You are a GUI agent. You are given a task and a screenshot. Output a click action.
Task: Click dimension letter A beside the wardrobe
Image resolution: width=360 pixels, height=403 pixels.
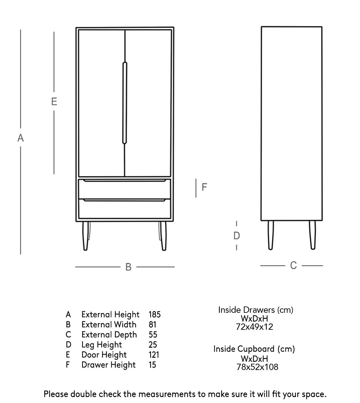tap(20, 138)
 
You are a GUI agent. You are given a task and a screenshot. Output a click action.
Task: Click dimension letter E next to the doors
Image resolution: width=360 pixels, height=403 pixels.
tap(54, 102)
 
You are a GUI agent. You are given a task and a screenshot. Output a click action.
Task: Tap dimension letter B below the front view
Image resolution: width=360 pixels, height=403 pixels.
tap(128, 267)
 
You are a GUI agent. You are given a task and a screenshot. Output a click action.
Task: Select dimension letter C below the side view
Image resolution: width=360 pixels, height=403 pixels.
tap(293, 266)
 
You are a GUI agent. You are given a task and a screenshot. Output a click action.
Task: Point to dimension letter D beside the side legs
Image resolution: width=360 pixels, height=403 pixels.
tap(237, 236)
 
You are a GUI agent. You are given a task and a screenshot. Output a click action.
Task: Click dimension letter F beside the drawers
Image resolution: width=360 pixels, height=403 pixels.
tap(204, 187)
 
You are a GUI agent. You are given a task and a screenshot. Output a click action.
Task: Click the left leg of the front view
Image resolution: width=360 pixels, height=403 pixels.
tap(85, 236)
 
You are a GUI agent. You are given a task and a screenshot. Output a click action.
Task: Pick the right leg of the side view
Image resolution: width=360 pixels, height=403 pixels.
tap(312, 235)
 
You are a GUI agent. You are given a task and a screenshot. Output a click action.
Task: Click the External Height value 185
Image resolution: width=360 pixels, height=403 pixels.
tap(155, 314)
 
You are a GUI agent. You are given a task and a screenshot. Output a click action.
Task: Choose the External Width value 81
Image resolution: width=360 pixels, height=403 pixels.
tap(152, 324)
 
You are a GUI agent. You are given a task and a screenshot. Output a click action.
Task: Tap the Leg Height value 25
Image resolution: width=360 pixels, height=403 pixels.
tap(153, 345)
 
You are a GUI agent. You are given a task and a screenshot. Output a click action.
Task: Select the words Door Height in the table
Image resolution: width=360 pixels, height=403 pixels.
tap(104, 355)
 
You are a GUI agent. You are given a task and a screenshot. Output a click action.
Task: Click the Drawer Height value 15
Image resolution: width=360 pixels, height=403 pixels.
tap(152, 365)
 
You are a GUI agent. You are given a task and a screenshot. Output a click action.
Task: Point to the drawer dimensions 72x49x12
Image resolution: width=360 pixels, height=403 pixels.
tap(254, 327)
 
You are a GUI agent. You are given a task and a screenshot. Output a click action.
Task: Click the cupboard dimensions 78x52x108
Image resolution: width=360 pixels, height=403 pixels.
tap(257, 367)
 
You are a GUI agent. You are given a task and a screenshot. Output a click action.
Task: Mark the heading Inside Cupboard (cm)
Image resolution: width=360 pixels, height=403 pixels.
tap(254, 349)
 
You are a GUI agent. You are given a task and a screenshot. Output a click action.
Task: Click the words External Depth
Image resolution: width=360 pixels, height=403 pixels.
tap(109, 334)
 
